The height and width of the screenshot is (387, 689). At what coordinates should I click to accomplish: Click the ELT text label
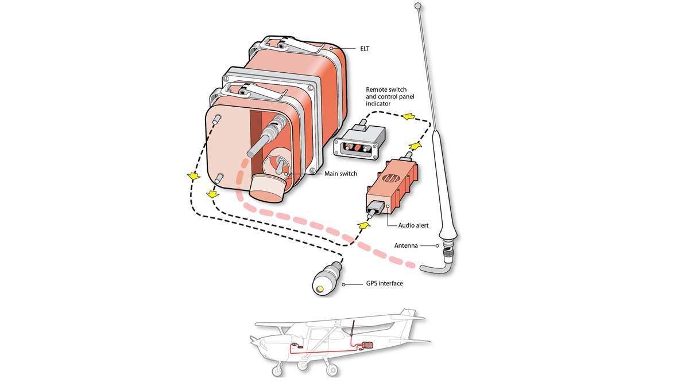[365, 49]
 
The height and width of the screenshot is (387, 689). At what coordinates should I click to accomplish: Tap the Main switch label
[340, 174]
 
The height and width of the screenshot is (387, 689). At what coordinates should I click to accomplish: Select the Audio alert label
[413, 225]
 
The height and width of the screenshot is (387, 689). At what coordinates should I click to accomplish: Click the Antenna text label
[406, 245]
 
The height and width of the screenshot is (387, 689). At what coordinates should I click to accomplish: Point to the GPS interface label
[384, 283]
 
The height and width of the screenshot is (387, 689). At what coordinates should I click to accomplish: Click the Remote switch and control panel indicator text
[391, 97]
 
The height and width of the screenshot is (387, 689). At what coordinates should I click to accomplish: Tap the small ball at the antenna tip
[418, 6]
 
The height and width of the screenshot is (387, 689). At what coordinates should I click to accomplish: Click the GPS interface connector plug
[326, 279]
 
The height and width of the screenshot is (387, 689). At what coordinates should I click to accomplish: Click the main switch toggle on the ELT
[277, 168]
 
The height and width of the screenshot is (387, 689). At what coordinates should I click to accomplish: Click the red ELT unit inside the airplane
[366, 345]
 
